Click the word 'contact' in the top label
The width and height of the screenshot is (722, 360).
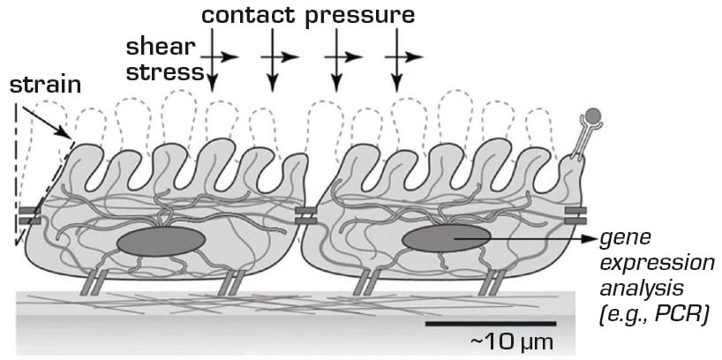(x=249, y=16)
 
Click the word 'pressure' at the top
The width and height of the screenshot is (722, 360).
(x=360, y=16)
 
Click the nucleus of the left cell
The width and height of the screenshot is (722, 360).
(x=161, y=242)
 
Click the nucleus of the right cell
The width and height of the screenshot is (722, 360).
(x=446, y=237)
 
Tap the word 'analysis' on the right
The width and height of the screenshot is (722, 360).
(x=636, y=289)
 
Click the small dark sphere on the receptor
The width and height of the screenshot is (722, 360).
(x=594, y=115)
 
